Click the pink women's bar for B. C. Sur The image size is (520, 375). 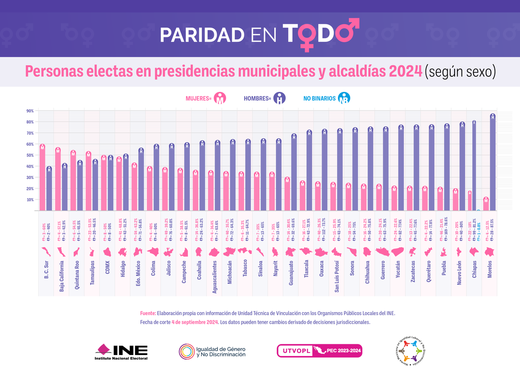pos(42,178)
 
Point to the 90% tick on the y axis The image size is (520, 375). pos(30,111)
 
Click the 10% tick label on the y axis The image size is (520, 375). pos(30,200)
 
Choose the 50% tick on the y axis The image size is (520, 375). pos(30,155)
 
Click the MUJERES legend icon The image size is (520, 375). pos(221,98)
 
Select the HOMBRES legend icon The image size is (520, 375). pos(281,98)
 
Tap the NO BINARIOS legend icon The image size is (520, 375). pos(344,98)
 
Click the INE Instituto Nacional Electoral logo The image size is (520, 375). pos(122,352)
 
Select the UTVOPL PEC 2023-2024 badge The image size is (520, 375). pos(319,351)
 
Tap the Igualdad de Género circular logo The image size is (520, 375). pos(212,351)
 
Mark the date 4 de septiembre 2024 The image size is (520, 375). pos(195,322)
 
